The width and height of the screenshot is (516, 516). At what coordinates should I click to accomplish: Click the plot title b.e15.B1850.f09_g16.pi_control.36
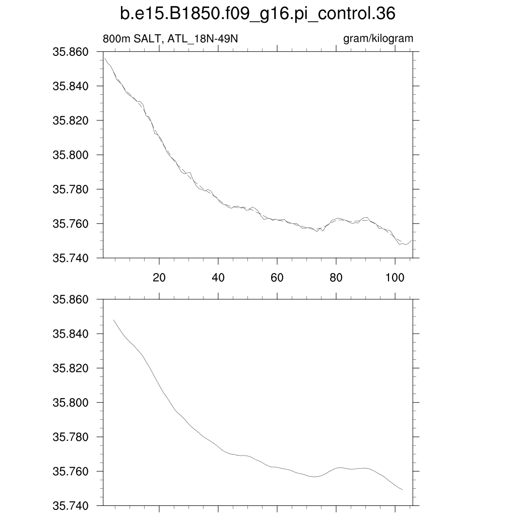(x=257, y=14)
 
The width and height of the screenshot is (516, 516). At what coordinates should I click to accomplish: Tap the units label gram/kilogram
(x=378, y=39)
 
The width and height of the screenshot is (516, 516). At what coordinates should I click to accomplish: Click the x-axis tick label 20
(x=159, y=278)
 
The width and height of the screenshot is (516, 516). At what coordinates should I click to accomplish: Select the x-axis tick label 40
(x=218, y=278)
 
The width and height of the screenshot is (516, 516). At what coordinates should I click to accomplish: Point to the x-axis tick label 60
(x=277, y=278)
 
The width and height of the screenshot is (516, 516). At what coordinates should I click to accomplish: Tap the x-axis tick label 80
(x=336, y=278)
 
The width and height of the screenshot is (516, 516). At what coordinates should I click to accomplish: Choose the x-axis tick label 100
(x=395, y=278)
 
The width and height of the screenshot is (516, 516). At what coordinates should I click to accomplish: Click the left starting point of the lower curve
(x=114, y=320)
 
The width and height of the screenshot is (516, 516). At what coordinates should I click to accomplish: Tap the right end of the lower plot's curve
(x=402, y=489)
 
